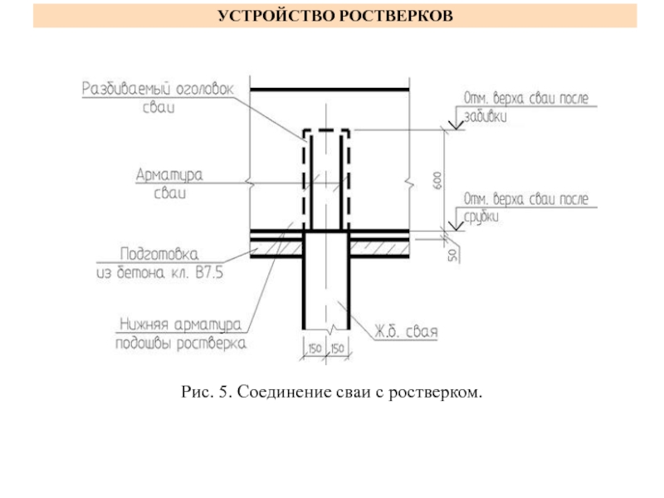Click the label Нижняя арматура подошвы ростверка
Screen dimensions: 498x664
[180, 332]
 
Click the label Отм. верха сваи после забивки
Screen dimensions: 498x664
[525, 107]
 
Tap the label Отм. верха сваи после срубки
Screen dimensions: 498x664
[525, 207]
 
